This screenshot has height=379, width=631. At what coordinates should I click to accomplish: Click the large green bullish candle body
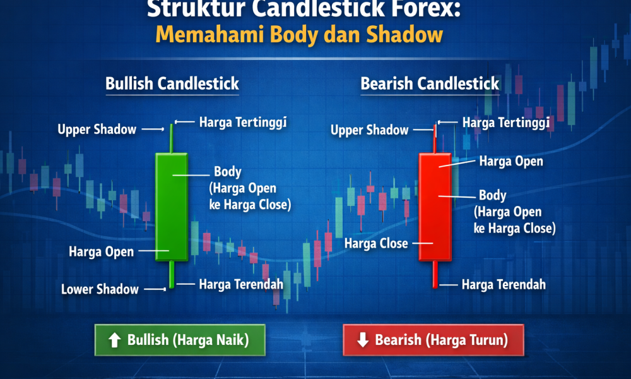(171, 205)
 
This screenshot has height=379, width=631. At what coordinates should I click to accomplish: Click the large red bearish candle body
(435, 205)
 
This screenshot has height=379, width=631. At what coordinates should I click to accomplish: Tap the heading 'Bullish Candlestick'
(172, 83)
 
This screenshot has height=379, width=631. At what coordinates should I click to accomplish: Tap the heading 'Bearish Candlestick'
(430, 83)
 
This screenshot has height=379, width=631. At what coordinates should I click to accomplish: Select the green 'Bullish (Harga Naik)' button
(179, 340)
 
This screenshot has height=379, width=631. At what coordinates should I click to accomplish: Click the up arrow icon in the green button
(114, 340)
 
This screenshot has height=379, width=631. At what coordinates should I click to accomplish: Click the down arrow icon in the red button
(362, 340)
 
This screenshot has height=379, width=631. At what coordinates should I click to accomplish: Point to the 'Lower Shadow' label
(100, 290)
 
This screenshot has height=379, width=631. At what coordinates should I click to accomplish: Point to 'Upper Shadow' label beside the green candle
(97, 129)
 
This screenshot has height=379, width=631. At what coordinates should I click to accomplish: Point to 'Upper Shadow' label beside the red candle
(370, 130)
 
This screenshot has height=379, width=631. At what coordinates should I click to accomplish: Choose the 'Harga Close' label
(376, 243)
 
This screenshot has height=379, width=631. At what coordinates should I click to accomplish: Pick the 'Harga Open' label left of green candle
(102, 252)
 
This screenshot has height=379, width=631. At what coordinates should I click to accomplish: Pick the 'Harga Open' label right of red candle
(511, 162)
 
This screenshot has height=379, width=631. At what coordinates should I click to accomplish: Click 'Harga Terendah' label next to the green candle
(241, 284)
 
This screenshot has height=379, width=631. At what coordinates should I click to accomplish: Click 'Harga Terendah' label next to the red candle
(504, 285)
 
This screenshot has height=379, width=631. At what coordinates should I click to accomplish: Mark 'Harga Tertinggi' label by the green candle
(243, 122)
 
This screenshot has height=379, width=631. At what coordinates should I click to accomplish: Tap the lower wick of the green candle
(171, 275)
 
